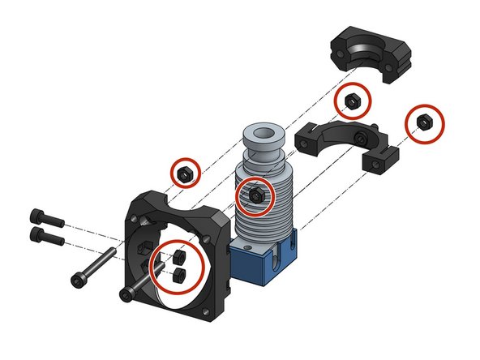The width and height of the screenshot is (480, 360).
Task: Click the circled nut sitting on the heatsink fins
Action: pyautogui.click(x=255, y=196)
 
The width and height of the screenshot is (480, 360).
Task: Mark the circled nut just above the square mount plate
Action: pyautogui.click(x=185, y=173)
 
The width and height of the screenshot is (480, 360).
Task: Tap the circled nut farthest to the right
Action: pyautogui.click(x=423, y=122)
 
